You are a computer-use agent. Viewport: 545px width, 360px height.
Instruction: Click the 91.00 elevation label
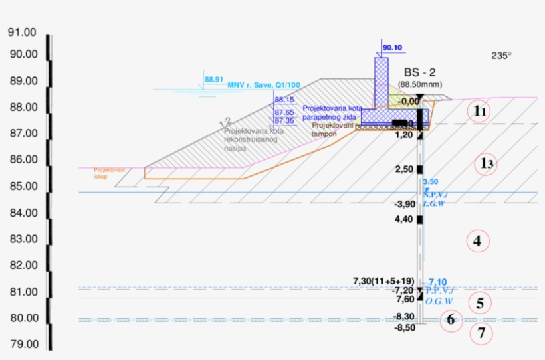[23, 33]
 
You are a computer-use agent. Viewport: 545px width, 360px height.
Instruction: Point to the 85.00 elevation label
[23, 186]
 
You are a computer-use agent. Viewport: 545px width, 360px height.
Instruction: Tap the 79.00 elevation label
[23, 344]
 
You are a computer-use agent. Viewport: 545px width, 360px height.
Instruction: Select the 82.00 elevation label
[23, 265]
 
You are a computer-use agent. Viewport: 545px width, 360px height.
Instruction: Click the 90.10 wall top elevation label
[393, 48]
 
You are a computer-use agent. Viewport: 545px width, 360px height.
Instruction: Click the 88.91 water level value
[214, 79]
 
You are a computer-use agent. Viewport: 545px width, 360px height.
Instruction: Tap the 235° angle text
[502, 56]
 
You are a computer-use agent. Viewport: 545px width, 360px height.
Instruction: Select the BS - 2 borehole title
[420, 72]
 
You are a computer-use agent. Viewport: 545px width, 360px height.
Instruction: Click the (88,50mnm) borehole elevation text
[419, 84]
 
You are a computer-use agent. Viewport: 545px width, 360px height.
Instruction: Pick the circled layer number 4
[477, 241]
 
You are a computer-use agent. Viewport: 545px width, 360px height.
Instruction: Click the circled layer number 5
[480, 304]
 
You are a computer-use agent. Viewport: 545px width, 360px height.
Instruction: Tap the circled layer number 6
[451, 320]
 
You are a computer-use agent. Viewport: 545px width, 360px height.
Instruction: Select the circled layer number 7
[482, 333]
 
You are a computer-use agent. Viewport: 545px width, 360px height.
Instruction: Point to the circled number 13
[487, 163]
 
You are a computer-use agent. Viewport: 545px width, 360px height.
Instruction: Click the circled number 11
[481, 112]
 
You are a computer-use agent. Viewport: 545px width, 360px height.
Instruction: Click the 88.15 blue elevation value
[284, 100]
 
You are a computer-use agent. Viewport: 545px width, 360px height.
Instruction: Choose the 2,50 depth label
[403, 169]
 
